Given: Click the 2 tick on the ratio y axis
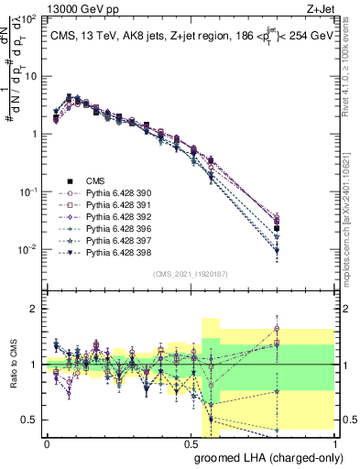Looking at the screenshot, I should click(38, 309).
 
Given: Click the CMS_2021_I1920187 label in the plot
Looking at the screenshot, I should click(190, 273).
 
